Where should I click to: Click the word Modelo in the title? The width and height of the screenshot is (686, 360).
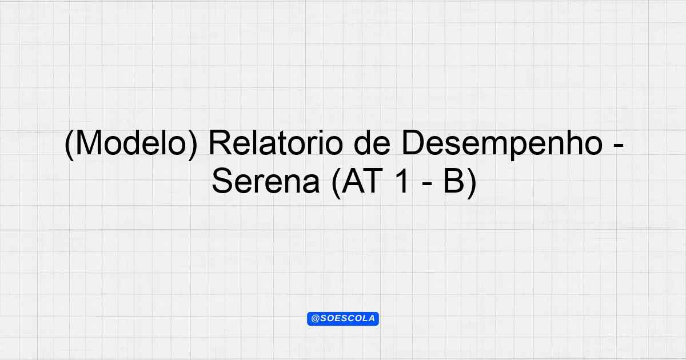pyautogui.click(x=131, y=143)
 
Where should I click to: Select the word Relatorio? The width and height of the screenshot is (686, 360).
pyautogui.click(x=276, y=143)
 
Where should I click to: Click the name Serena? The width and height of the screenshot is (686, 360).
pyautogui.click(x=265, y=181)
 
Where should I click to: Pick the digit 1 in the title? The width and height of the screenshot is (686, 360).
pyautogui.click(x=402, y=181)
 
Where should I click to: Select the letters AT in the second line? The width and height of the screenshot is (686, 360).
pyautogui.click(x=362, y=181)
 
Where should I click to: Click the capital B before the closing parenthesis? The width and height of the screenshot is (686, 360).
pyautogui.click(x=454, y=181)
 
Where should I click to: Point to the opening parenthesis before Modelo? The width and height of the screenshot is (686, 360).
pyautogui.click(x=69, y=145)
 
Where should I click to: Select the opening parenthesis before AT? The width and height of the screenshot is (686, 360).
pyautogui.click(x=336, y=183)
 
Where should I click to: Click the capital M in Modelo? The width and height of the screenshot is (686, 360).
pyautogui.click(x=89, y=143)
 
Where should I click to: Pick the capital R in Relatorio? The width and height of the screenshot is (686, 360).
pyautogui.click(x=220, y=143)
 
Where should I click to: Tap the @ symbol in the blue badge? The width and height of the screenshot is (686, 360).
pyautogui.click(x=316, y=318)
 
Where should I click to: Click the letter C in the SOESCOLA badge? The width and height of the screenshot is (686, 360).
pyautogui.click(x=350, y=318)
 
